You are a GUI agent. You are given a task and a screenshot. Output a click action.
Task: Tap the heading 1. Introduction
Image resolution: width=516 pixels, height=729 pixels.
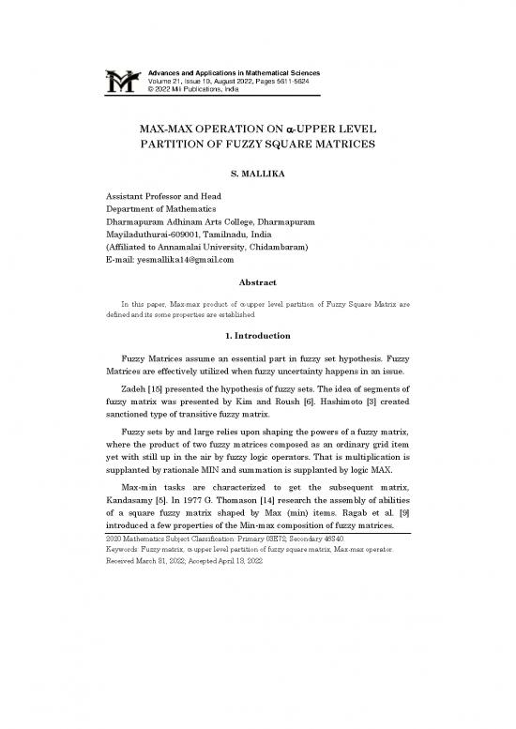tap(257, 361)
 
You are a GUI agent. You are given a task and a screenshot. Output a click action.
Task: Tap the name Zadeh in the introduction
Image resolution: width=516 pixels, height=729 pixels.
tap(136, 418)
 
